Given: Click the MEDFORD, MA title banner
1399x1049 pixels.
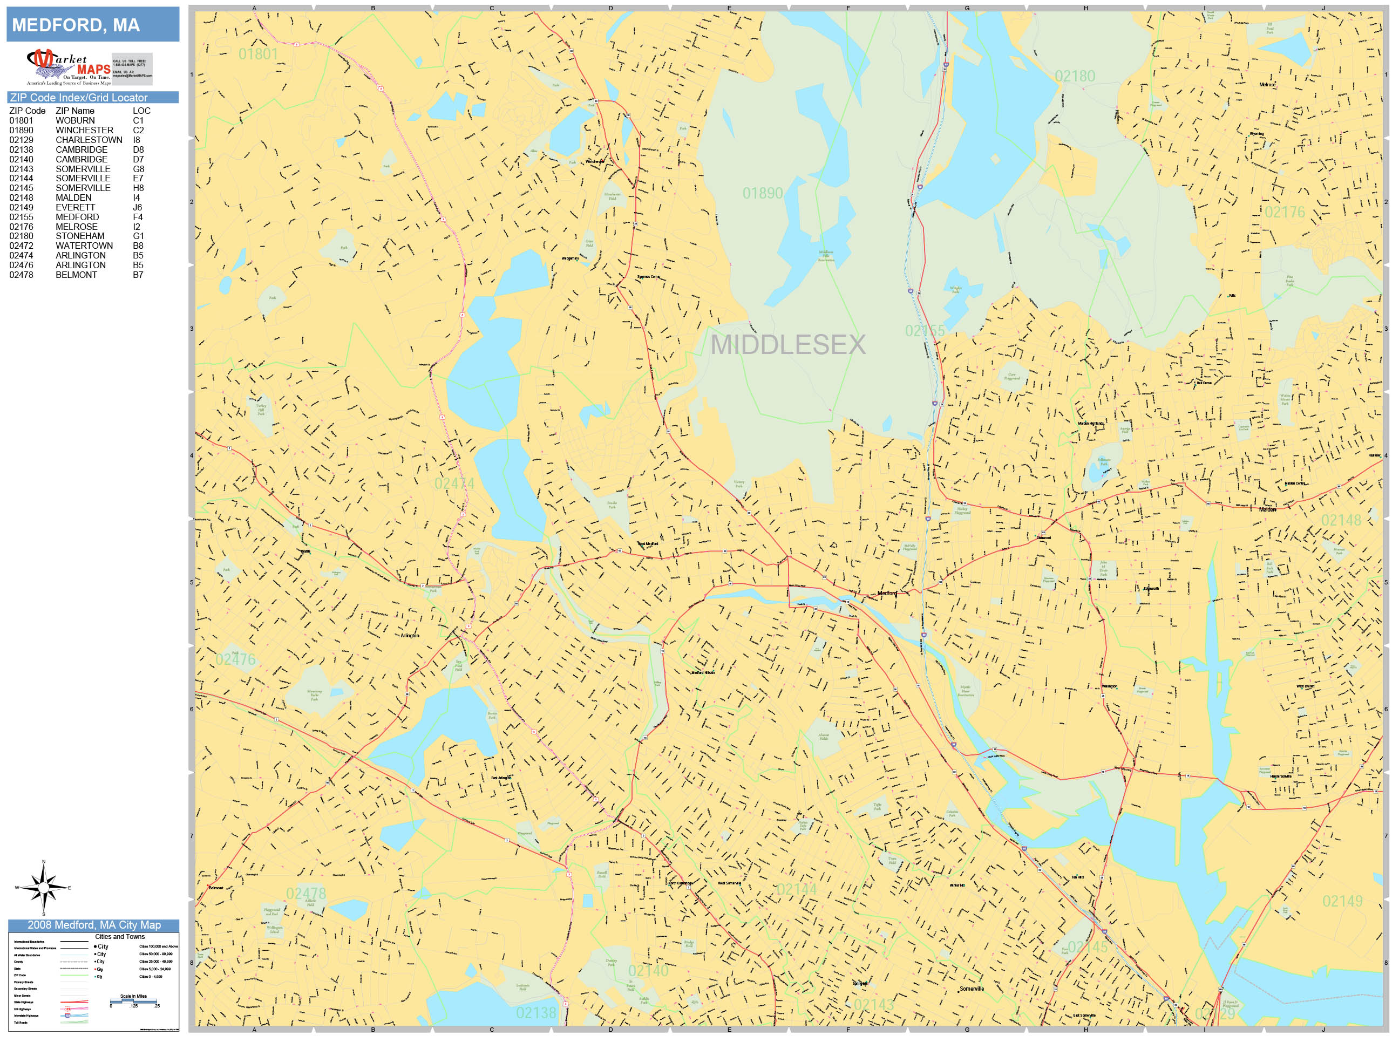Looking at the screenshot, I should coord(92,25).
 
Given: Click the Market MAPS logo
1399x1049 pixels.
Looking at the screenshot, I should coord(69,67).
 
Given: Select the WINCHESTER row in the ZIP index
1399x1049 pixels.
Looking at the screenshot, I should coord(84,130).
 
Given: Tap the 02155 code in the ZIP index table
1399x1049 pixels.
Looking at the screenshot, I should coord(21,217).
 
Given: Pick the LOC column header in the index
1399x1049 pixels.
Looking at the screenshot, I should coord(141,111).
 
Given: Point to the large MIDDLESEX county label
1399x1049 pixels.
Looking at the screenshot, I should coord(787,345).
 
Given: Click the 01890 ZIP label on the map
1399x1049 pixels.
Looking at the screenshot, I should coord(762,194).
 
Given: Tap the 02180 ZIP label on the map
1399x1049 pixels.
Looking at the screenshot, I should coord(1075,77).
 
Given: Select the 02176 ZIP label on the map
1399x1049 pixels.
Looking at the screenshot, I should coord(1284,213).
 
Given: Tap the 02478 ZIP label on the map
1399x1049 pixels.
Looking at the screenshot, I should coord(306,894).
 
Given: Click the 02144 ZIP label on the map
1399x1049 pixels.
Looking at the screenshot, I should coord(796,890).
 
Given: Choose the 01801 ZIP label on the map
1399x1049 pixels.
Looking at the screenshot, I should coord(258,55).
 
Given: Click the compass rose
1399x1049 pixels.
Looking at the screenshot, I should coord(44,888).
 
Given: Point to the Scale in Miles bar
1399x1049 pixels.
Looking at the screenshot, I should coord(133,1002).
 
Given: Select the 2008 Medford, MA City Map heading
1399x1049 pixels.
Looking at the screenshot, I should coord(93,925).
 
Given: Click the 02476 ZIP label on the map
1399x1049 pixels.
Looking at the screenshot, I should coord(235,659).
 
